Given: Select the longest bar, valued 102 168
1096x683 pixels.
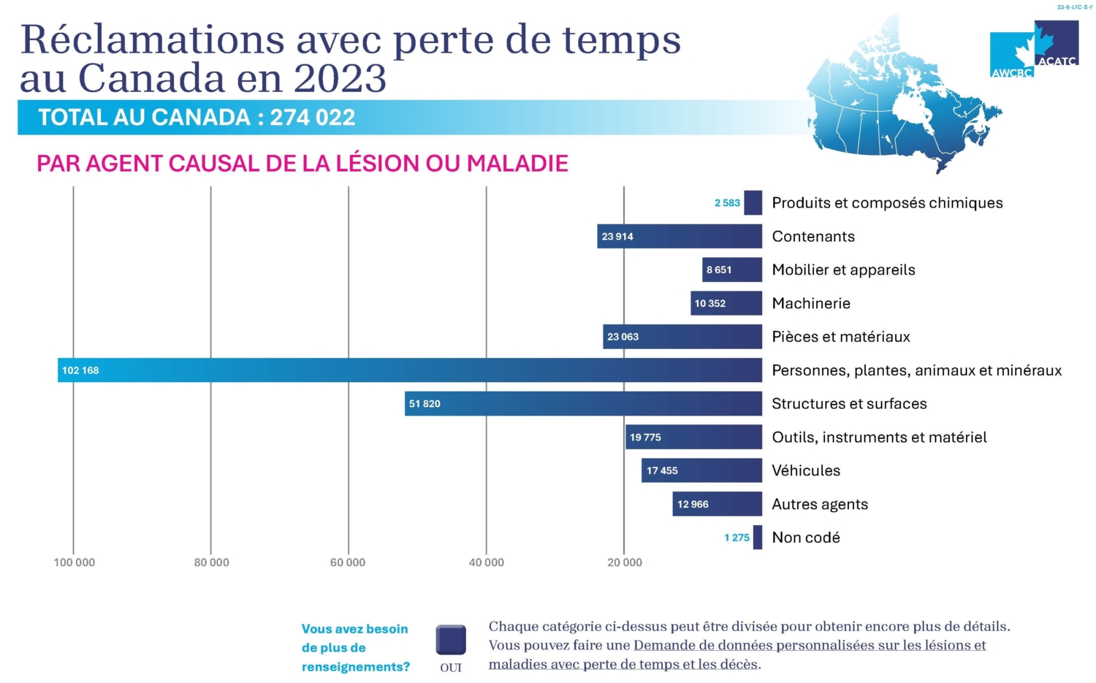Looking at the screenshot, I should point(409,370).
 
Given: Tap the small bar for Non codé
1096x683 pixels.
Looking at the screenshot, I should point(758,538).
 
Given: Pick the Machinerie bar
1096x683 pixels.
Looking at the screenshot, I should point(726,303).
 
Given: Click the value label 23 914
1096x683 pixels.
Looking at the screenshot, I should point(617,237).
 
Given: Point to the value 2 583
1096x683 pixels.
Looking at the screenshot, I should point(727,203).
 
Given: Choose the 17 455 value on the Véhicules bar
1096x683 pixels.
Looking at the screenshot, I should point(662,471).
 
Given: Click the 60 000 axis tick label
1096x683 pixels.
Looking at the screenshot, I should point(348,562).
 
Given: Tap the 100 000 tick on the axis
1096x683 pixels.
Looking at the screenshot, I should point(75,562).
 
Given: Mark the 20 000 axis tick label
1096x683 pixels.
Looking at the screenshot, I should point(625,562).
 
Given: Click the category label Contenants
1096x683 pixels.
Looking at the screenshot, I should point(813,237).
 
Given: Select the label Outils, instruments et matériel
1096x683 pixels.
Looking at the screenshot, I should point(879,438).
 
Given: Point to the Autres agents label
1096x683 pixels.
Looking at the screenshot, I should point(820,505).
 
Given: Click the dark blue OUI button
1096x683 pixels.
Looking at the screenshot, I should point(451,641).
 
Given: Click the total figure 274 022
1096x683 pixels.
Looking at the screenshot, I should point(313,118).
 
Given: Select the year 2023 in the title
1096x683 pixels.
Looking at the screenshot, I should point(340,78).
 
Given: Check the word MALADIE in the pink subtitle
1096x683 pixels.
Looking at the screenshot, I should point(517,163).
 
